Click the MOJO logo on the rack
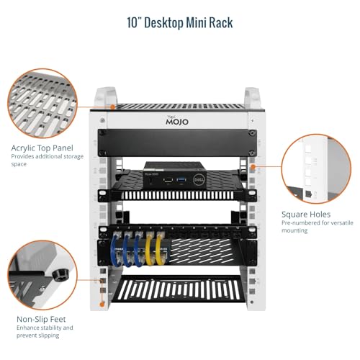click(177, 120)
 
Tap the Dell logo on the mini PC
click(199, 180)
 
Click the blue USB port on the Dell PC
click(181, 180)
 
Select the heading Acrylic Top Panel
click(42, 148)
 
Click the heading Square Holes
click(306, 215)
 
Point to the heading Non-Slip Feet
click(41, 319)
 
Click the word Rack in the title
click(221, 23)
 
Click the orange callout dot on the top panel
click(112, 107)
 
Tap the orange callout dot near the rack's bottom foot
click(102, 305)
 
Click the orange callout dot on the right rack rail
click(253, 167)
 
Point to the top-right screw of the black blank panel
click(252, 132)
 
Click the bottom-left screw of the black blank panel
click(102, 152)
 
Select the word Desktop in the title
click(163, 23)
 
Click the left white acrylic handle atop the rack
click(106, 96)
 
